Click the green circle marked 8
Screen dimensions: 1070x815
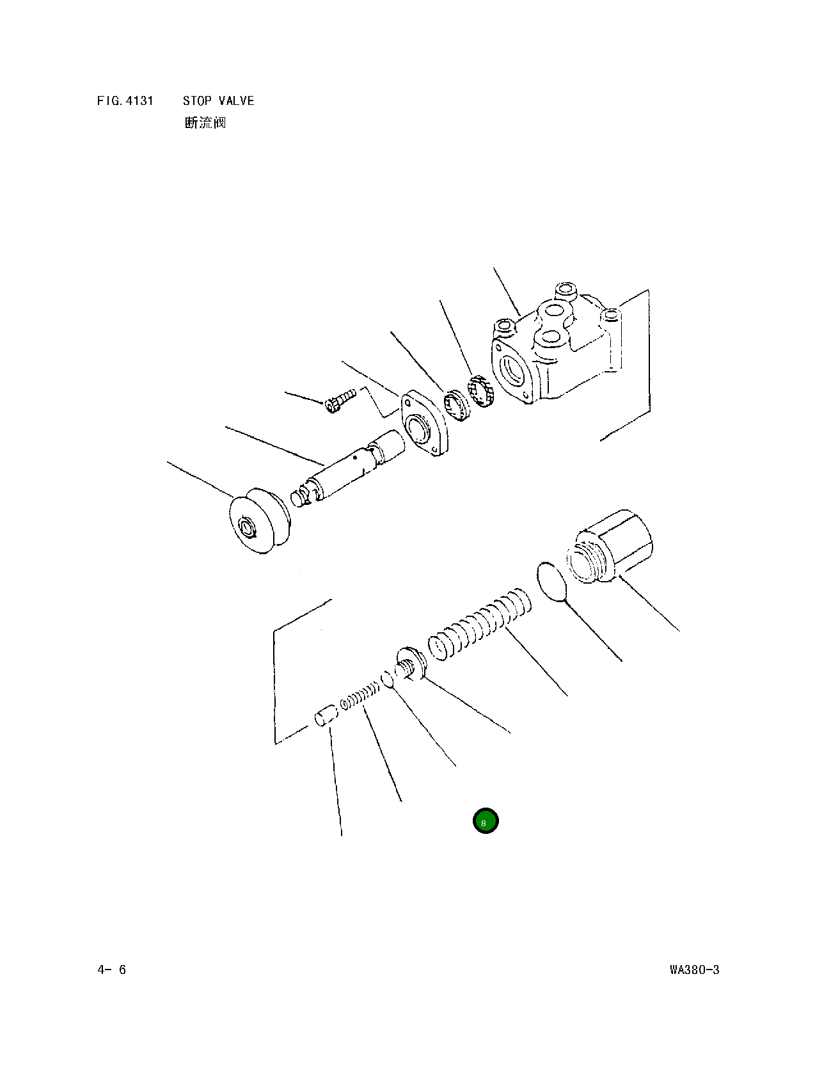coord(486,820)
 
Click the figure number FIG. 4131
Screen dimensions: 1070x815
coord(125,101)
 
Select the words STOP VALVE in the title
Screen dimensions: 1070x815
coord(218,101)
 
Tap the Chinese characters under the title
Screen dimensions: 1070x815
coord(205,122)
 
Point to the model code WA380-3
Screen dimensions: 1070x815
coord(694,970)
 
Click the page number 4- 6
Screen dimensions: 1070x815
coord(112,970)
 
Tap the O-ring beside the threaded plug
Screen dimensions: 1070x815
coord(552,582)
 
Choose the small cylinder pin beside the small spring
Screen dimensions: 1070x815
coord(326,715)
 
